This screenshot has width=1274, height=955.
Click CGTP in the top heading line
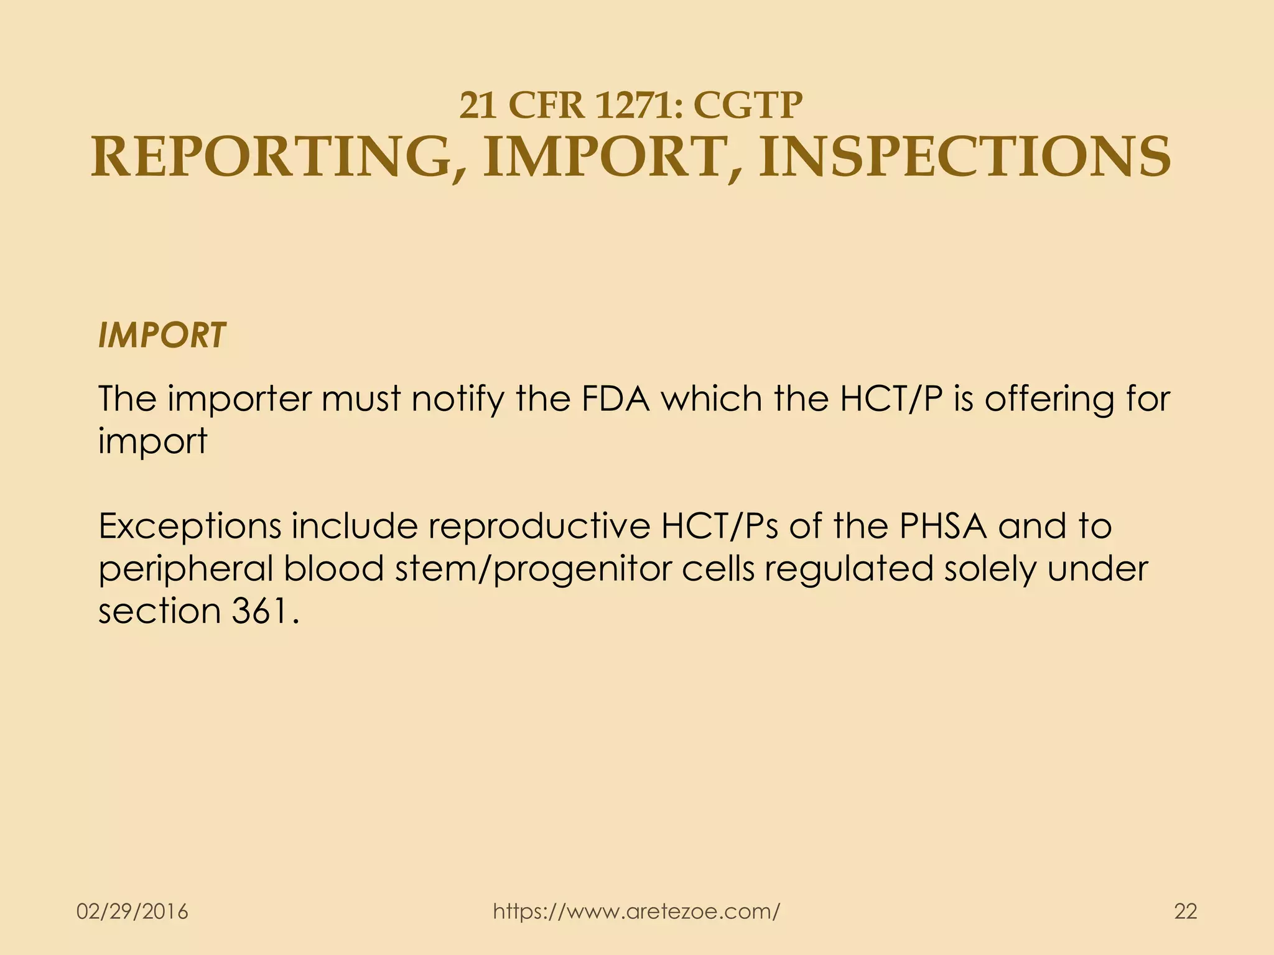(747, 105)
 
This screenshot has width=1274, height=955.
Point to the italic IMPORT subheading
(162, 336)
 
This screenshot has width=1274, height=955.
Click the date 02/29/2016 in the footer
(132, 912)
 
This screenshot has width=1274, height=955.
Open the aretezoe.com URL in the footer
(636, 912)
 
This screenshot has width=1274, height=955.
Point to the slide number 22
(1185, 912)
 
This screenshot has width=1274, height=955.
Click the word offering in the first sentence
(1048, 399)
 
